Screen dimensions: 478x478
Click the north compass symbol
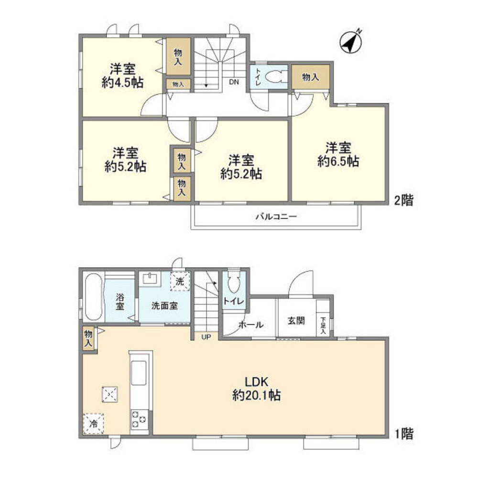pyautogui.click(x=351, y=42)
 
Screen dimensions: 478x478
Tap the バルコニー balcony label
pyautogui.click(x=276, y=217)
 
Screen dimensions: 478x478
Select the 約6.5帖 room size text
pyautogui.click(x=338, y=162)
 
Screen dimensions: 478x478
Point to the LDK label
pyautogui.click(x=258, y=382)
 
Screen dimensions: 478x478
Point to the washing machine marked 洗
pyautogui.click(x=180, y=281)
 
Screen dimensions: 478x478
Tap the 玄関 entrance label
pyautogui.click(x=296, y=321)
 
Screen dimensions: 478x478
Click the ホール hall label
pyautogui.click(x=250, y=325)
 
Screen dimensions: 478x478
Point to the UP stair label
pyautogui.click(x=206, y=337)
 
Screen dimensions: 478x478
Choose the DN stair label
pyautogui.click(x=233, y=82)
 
